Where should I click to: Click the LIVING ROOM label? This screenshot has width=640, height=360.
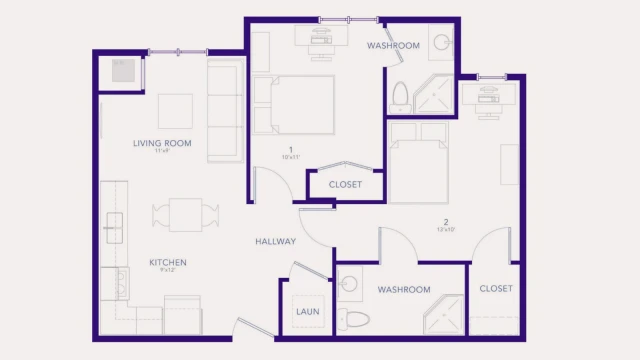[x=162, y=143]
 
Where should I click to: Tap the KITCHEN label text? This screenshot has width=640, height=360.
[x=168, y=263]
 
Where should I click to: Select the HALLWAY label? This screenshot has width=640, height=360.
[x=275, y=241]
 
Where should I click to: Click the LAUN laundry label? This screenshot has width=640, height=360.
[x=306, y=311]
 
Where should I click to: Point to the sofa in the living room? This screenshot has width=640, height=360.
[x=225, y=110]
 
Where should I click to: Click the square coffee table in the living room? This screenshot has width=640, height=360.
[x=175, y=110]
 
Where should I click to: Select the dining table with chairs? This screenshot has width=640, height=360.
[x=186, y=215]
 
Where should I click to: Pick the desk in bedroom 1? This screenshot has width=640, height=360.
[x=321, y=36]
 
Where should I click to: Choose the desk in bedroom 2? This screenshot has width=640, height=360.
[x=488, y=94]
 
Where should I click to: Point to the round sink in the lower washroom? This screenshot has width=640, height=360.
[x=348, y=284]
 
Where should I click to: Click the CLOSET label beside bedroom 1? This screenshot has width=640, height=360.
[x=345, y=184]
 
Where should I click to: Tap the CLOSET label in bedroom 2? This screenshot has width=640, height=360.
[x=495, y=288]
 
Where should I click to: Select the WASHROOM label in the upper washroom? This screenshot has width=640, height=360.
[x=393, y=46]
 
